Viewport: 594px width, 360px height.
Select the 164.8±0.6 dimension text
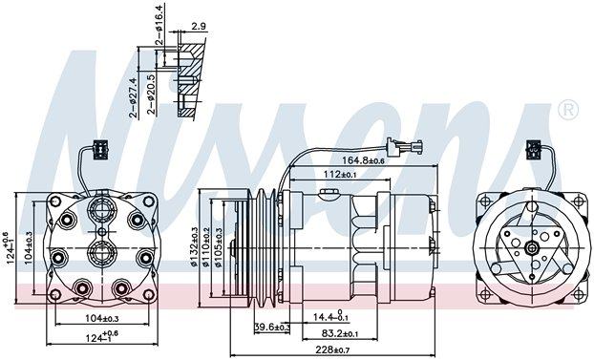(363, 160)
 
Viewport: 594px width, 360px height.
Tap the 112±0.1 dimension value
(341, 175)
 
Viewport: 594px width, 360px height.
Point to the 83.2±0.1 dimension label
(340, 333)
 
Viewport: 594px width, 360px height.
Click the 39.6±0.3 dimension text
(272, 327)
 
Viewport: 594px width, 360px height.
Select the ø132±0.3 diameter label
(194, 246)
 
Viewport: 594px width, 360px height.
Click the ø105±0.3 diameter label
(219, 247)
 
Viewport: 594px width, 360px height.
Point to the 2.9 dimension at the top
(198, 27)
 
